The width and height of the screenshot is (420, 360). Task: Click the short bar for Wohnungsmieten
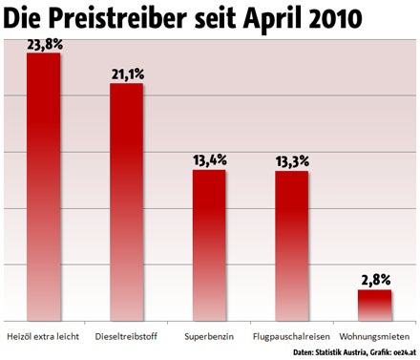click(x=374, y=305)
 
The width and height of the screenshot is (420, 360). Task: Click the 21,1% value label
click(x=126, y=73)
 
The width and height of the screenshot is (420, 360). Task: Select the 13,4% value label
click(x=209, y=159)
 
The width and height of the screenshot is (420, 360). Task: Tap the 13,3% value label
click(x=291, y=159)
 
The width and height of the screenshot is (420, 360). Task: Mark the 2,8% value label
click(x=374, y=279)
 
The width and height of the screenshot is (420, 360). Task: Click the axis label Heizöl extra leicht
click(x=44, y=336)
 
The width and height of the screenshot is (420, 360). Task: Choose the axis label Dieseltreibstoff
click(x=126, y=336)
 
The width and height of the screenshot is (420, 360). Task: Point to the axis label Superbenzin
click(x=209, y=336)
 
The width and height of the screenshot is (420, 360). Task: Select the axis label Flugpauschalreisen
click(x=291, y=336)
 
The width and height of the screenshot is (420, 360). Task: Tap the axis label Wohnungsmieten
click(x=374, y=336)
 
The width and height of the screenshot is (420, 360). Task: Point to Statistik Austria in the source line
click(x=316, y=353)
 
